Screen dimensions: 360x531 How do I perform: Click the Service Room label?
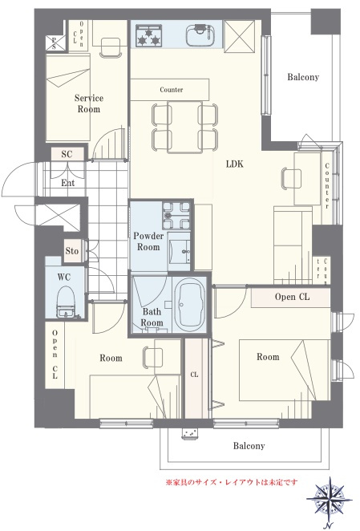tap(89, 103)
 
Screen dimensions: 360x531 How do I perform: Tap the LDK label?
tap(235, 164)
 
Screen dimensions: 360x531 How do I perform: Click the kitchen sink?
tap(200, 35)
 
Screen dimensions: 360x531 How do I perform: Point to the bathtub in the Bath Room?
tap(192, 304)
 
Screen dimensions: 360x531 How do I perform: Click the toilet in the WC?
tap(67, 302)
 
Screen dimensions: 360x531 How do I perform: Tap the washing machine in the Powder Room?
tap(176, 215)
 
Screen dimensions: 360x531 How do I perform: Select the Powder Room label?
tap(148, 241)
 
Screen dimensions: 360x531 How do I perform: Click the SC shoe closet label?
tap(67, 155)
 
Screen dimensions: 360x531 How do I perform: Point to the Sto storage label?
tap(72, 251)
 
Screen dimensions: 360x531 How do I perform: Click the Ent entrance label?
tap(67, 183)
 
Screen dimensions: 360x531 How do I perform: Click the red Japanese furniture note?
tap(231, 482)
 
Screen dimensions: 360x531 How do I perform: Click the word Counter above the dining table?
tap(172, 90)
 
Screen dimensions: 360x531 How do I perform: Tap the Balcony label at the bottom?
tap(249, 446)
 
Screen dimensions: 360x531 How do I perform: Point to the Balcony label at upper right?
tap(303, 77)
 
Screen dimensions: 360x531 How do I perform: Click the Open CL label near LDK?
tap(292, 297)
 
